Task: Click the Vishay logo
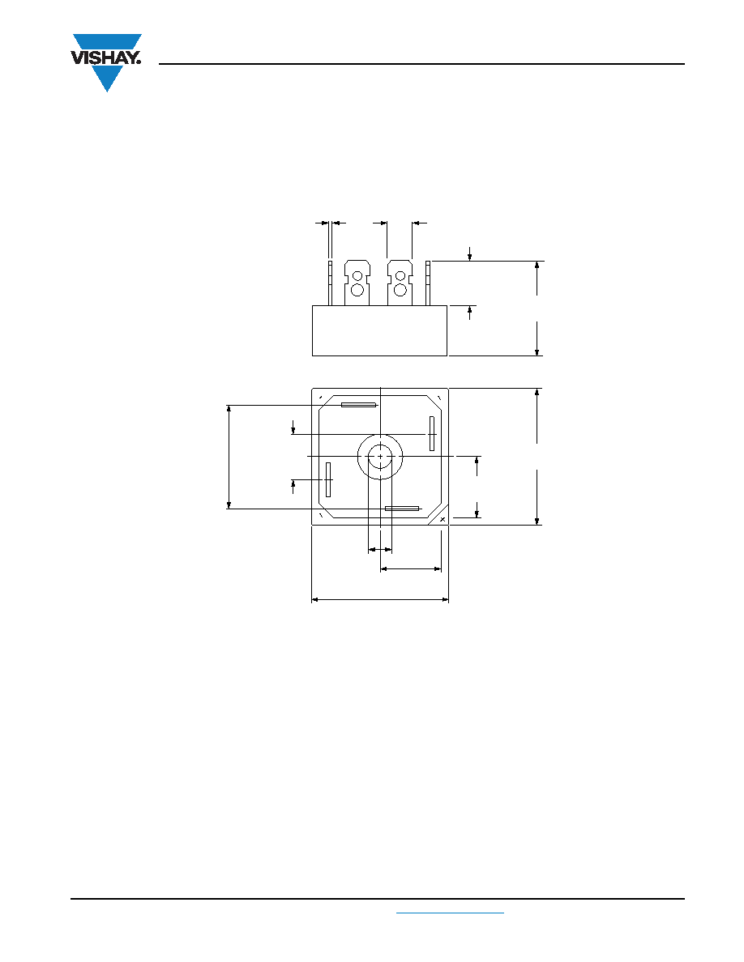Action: coord(107,62)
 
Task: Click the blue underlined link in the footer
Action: coord(450,913)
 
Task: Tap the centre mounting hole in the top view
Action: coord(381,457)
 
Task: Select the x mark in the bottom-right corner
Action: coord(443,519)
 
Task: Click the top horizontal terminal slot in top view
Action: coord(358,405)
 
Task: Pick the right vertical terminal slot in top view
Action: coord(431,433)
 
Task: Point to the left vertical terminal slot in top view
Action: coord(328,479)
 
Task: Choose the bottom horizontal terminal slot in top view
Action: coord(402,509)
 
